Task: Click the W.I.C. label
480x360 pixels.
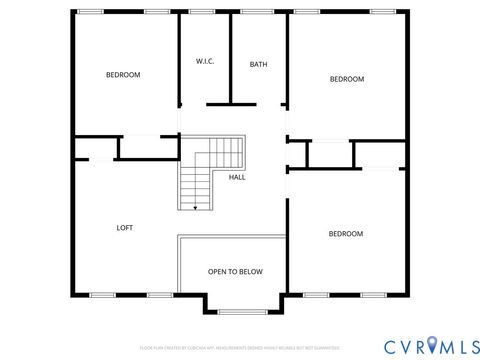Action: coord(206,62)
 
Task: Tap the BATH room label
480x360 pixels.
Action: coord(258,65)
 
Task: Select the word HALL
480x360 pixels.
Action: coord(237,177)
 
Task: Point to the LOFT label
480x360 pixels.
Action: coord(125,228)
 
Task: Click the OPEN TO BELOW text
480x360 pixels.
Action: coord(235,271)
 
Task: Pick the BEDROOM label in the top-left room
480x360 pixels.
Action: coord(123,75)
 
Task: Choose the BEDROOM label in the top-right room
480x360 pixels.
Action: coord(347,79)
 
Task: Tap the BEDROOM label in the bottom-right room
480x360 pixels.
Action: coord(346,234)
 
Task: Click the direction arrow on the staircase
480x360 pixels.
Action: coord(195,206)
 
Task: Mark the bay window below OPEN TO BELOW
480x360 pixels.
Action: coord(235,311)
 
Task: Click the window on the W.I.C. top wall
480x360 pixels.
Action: coord(201,11)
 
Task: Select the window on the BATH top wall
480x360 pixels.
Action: coord(257,11)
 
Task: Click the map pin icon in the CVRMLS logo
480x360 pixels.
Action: coord(432,345)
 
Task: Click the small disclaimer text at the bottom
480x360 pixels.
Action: coord(240,346)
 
